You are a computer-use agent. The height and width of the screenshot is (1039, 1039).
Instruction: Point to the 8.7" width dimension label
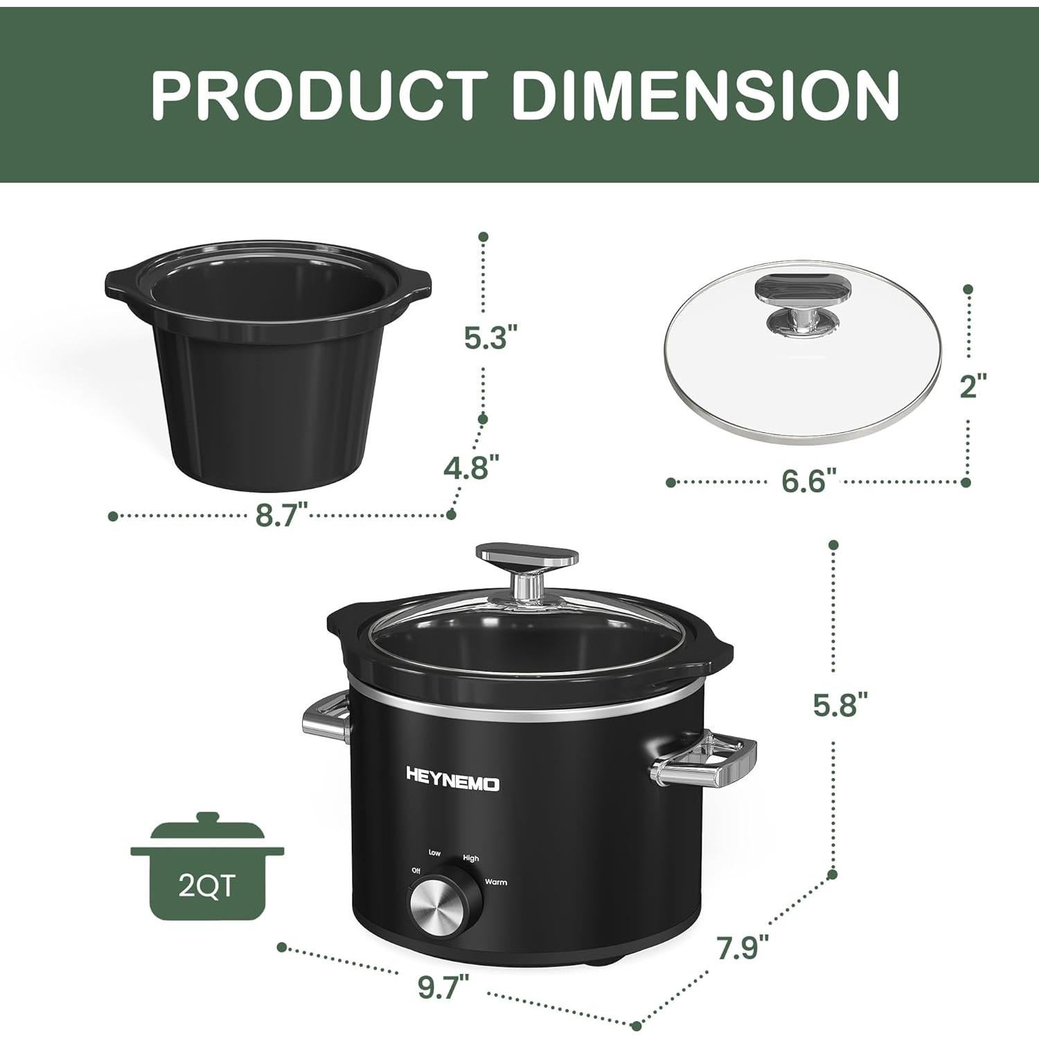pyautogui.click(x=281, y=515)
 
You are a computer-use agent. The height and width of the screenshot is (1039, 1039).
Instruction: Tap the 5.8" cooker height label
pyautogui.click(x=840, y=705)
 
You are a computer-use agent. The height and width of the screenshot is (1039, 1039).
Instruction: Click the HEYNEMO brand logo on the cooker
pyautogui.click(x=452, y=784)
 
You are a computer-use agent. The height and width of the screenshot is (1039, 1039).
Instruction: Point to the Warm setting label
pyautogui.click(x=495, y=882)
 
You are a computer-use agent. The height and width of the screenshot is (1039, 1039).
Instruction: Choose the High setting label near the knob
pyautogui.click(x=470, y=858)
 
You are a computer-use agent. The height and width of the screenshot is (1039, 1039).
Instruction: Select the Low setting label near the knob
pyautogui.click(x=434, y=853)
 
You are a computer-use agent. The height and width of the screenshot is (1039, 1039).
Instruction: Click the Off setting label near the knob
pyautogui.click(x=416, y=871)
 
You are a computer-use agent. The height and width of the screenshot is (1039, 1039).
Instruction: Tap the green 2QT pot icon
pyautogui.click(x=207, y=868)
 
